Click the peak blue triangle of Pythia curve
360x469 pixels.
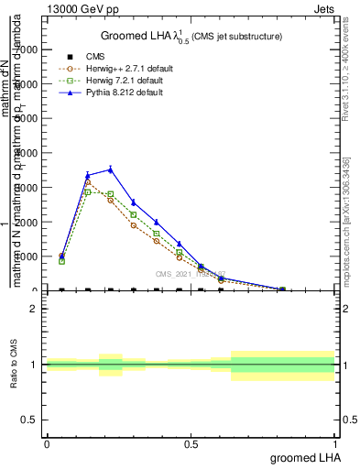pos(110,169)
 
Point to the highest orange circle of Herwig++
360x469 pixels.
pos(88,182)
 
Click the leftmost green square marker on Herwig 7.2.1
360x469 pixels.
pos(61,261)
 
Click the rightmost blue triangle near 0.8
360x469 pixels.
pos(282,289)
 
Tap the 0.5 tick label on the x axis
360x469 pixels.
pos(191,443)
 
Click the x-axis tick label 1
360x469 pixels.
pos(335,443)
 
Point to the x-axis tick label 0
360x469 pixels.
pos(47,443)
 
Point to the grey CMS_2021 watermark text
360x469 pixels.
pos(190,273)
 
